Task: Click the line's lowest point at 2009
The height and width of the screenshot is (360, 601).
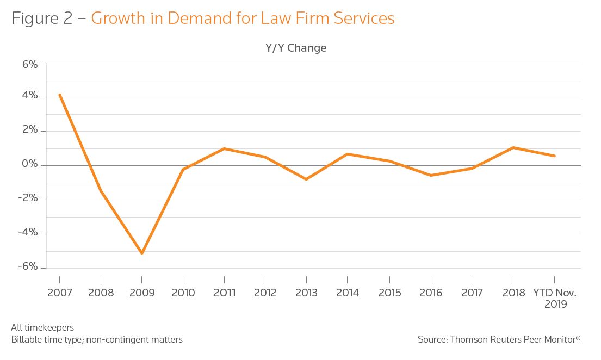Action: (141, 253)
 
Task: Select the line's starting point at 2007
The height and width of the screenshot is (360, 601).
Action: (59, 95)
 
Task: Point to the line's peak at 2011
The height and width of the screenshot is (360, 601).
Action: (224, 148)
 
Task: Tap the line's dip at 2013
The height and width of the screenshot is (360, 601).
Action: (306, 179)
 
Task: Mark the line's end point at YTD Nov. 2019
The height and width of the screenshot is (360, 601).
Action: (554, 156)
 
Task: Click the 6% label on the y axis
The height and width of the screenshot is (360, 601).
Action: (30, 64)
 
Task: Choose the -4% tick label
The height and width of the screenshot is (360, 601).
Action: (28, 233)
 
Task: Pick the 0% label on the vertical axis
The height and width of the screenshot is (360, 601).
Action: (30, 165)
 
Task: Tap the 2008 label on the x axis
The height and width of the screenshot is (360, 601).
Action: (101, 293)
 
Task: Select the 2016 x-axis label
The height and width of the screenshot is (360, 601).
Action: (430, 293)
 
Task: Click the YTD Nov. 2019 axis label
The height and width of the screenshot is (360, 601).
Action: (555, 298)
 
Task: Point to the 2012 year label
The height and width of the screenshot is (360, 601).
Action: (265, 293)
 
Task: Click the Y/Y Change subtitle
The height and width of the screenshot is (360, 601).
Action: (296, 48)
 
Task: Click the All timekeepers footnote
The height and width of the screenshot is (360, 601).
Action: (42, 327)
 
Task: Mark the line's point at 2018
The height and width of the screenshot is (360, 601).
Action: (513, 147)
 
